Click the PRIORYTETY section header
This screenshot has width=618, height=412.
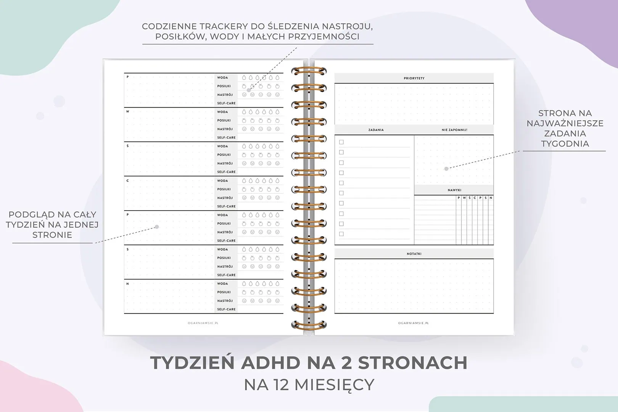point(414,78)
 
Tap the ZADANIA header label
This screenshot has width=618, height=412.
point(376,130)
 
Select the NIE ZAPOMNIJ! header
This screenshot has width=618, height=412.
point(454,130)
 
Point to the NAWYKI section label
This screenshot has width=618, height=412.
point(454,190)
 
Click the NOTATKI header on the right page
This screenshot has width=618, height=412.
point(414,254)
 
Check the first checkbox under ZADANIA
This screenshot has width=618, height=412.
point(341,142)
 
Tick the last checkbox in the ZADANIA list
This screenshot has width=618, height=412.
point(341,234)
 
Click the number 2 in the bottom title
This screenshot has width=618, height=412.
point(346,363)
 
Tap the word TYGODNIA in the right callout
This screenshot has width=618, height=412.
point(565,144)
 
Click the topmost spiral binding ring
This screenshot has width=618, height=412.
point(309,71)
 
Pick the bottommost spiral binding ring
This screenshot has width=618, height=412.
point(309,325)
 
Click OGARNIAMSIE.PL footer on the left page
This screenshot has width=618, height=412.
point(203,323)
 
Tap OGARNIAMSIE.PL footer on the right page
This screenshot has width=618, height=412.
point(414,323)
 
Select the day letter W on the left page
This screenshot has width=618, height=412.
point(128,112)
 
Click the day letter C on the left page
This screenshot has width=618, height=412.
point(128,181)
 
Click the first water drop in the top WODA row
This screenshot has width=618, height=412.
point(244,78)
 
